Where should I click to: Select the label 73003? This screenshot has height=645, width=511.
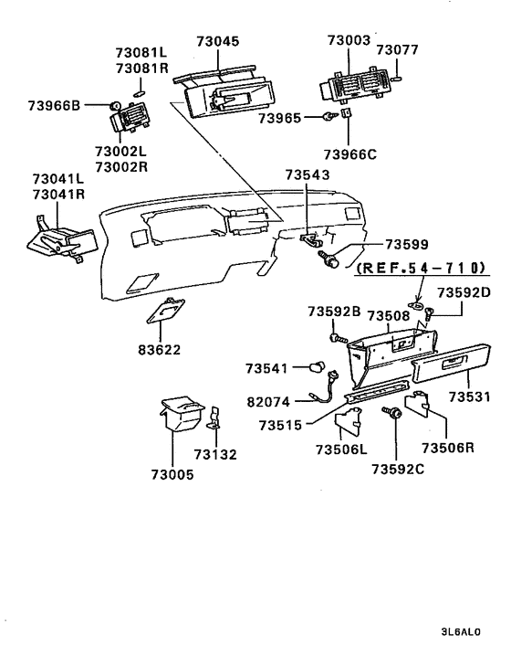pos(349,40)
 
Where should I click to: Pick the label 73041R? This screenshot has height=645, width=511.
pos(57,195)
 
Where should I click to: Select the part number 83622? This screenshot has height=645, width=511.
pos(159,350)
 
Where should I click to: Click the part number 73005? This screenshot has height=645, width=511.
pos(172,474)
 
